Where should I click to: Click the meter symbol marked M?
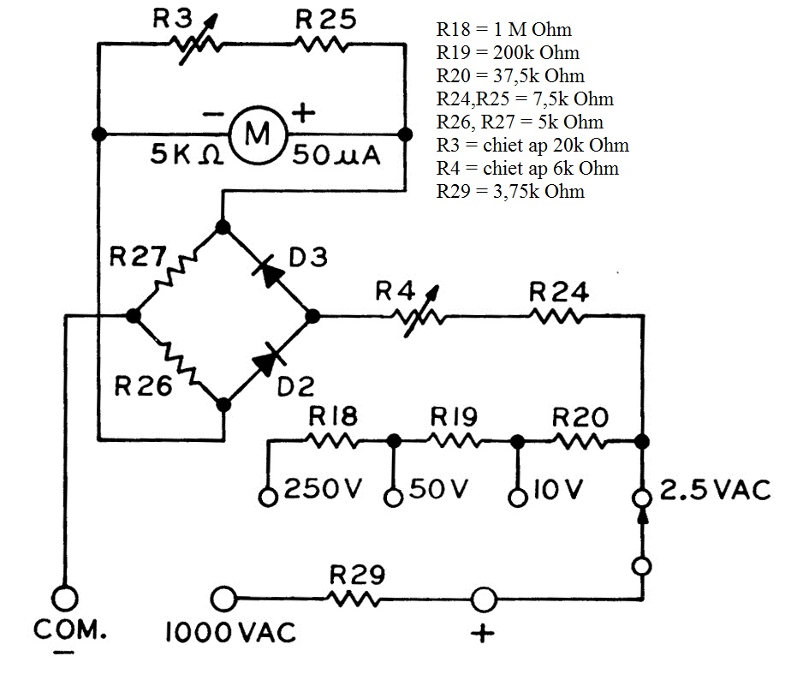point(257,134)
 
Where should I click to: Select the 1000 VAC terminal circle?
point(224,597)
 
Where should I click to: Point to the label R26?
point(144,386)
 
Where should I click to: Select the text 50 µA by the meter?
point(336,156)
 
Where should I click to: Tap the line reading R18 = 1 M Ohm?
point(503,30)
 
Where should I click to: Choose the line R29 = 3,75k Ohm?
point(510,191)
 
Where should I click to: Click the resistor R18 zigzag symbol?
point(333,441)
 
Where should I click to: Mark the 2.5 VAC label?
point(716,489)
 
